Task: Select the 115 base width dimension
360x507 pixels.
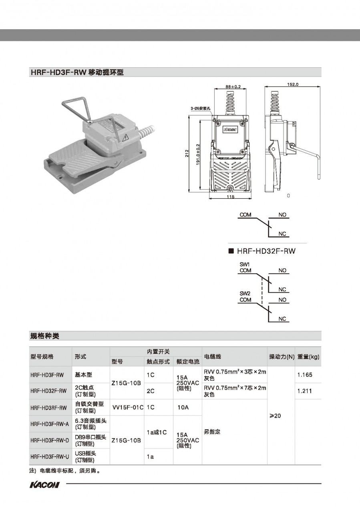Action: pyautogui.click(x=230, y=197)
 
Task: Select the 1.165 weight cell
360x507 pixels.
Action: pyautogui.click(x=305, y=375)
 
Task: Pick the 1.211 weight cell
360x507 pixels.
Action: pyautogui.click(x=305, y=391)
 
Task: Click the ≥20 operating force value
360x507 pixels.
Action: pyautogui.click(x=275, y=416)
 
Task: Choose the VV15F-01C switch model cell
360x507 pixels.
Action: pyautogui.click(x=128, y=407)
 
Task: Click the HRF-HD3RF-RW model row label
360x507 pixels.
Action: pyautogui.click(x=48, y=408)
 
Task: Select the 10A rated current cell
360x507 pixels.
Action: pyautogui.click(x=183, y=407)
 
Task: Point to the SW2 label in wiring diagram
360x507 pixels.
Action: pyautogui.click(x=245, y=294)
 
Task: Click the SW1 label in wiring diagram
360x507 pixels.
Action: pyautogui.click(x=245, y=265)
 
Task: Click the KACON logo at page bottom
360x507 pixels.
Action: pyautogui.click(x=44, y=485)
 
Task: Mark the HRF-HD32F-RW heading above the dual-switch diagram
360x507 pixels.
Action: pyautogui.click(x=266, y=251)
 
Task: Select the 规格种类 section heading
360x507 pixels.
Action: pyautogui.click(x=45, y=335)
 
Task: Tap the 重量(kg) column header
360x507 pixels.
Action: pyautogui.click(x=308, y=356)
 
